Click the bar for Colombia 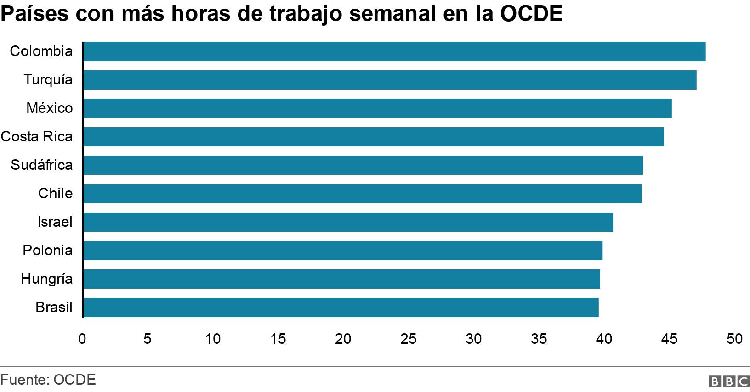coord(394,51)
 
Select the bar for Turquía coord(389,80)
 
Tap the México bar coord(377,108)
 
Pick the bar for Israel coord(347,222)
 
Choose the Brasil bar coord(340,308)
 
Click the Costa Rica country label coord(37,137)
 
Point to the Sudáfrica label coord(42,165)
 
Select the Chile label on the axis coord(55,194)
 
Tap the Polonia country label coord(48,251)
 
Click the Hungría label coord(47,279)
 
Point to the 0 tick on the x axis coord(82,339)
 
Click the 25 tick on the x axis coord(408,339)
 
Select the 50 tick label coord(734,339)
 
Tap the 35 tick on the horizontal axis coord(539,339)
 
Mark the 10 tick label coord(213,339)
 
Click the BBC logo coord(729,381)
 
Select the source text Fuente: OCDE coord(48,380)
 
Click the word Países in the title coord(34,14)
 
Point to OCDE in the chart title coord(531,14)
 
